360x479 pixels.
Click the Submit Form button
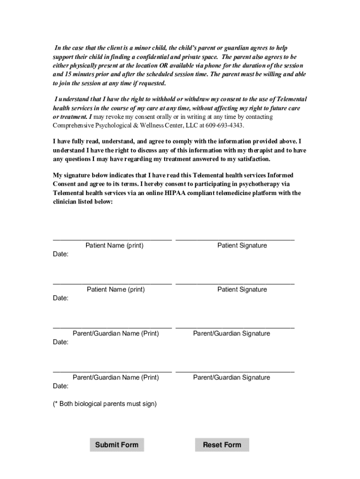[117, 445]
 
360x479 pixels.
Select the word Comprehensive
[70, 126]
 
